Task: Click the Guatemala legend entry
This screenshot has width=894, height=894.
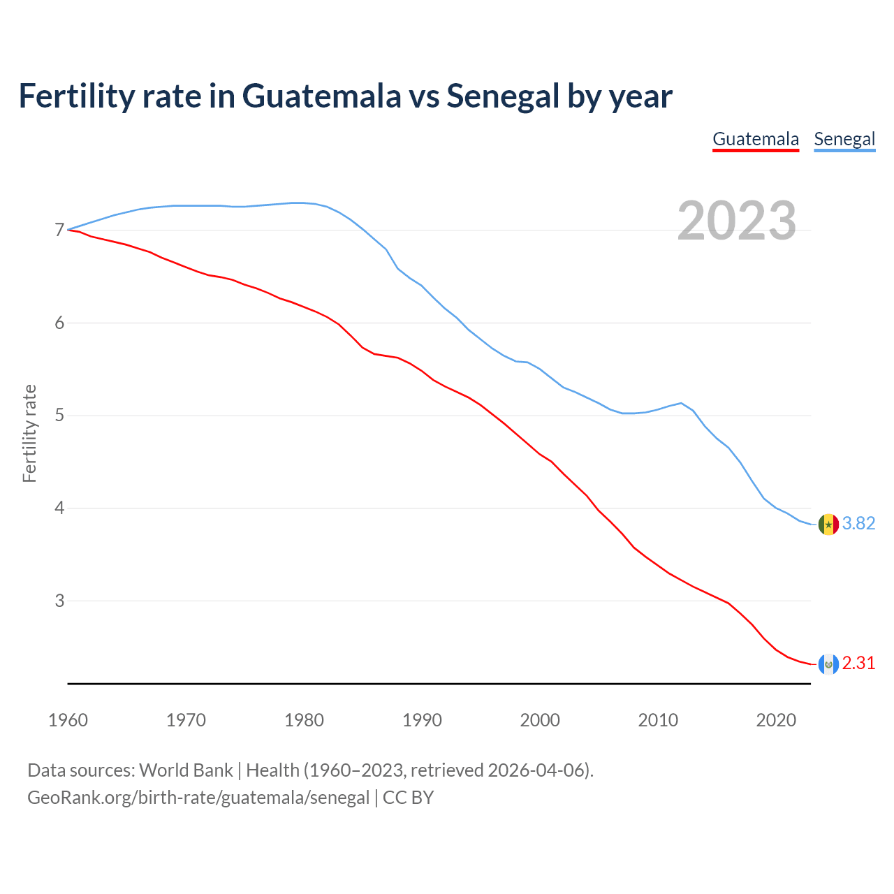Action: (755, 139)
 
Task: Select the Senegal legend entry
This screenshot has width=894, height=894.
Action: (844, 139)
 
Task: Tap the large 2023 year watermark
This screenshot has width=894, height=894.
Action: (737, 221)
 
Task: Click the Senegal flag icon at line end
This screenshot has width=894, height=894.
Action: (828, 524)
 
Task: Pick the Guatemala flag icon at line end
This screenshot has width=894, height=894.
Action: (828, 664)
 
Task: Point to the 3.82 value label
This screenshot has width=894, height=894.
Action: (858, 524)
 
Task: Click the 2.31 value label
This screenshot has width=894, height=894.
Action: (858, 664)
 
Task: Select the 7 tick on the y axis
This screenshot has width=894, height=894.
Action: (59, 230)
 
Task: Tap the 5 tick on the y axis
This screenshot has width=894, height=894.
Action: (59, 416)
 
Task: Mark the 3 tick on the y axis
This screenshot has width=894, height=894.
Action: (59, 601)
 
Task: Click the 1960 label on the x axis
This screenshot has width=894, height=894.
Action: (68, 720)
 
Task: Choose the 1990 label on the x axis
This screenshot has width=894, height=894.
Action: (422, 720)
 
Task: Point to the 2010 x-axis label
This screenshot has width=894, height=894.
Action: (658, 720)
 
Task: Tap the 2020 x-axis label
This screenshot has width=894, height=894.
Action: (776, 720)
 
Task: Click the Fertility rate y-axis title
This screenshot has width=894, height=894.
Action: (29, 433)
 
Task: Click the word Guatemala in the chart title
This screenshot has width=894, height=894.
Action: (322, 96)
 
